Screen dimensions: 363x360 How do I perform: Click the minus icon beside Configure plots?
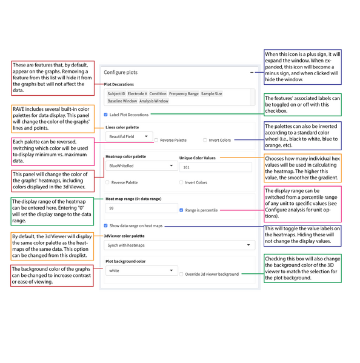pyautogui.click(x=252, y=72)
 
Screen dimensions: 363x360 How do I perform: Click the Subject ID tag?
pyautogui.click(x=116, y=94)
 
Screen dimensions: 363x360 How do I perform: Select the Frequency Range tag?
pyautogui.click(x=184, y=94)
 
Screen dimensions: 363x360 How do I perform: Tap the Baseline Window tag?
pyautogui.click(x=122, y=101)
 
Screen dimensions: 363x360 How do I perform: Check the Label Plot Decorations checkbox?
pyautogui.click(x=106, y=114)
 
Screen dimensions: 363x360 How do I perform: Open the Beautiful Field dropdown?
pyautogui.click(x=128, y=137)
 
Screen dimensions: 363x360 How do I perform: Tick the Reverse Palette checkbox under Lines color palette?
pyautogui.click(x=156, y=140)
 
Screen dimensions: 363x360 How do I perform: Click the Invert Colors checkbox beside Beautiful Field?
pyautogui.click(x=205, y=140)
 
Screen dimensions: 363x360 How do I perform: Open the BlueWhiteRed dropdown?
pyautogui.click(x=139, y=165)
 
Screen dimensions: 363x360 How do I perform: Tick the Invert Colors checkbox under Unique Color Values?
pyautogui.click(x=181, y=182)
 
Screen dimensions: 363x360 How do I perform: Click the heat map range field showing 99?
pyautogui.click(x=139, y=208)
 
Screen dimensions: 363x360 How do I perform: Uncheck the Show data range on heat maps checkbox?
pyautogui.click(x=106, y=225)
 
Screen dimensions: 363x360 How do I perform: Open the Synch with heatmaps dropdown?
pyautogui.click(x=179, y=245)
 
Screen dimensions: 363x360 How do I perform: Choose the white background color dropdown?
pyautogui.click(x=139, y=271)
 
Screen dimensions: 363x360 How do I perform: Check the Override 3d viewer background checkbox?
pyautogui.click(x=181, y=274)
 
